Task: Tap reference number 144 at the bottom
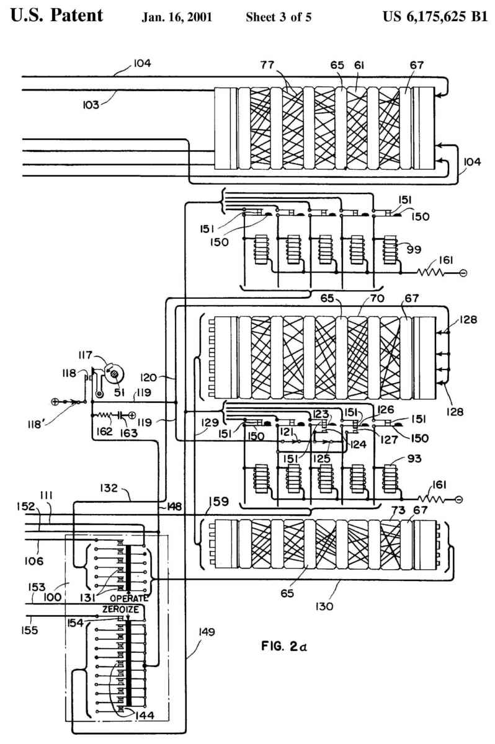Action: (143, 715)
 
